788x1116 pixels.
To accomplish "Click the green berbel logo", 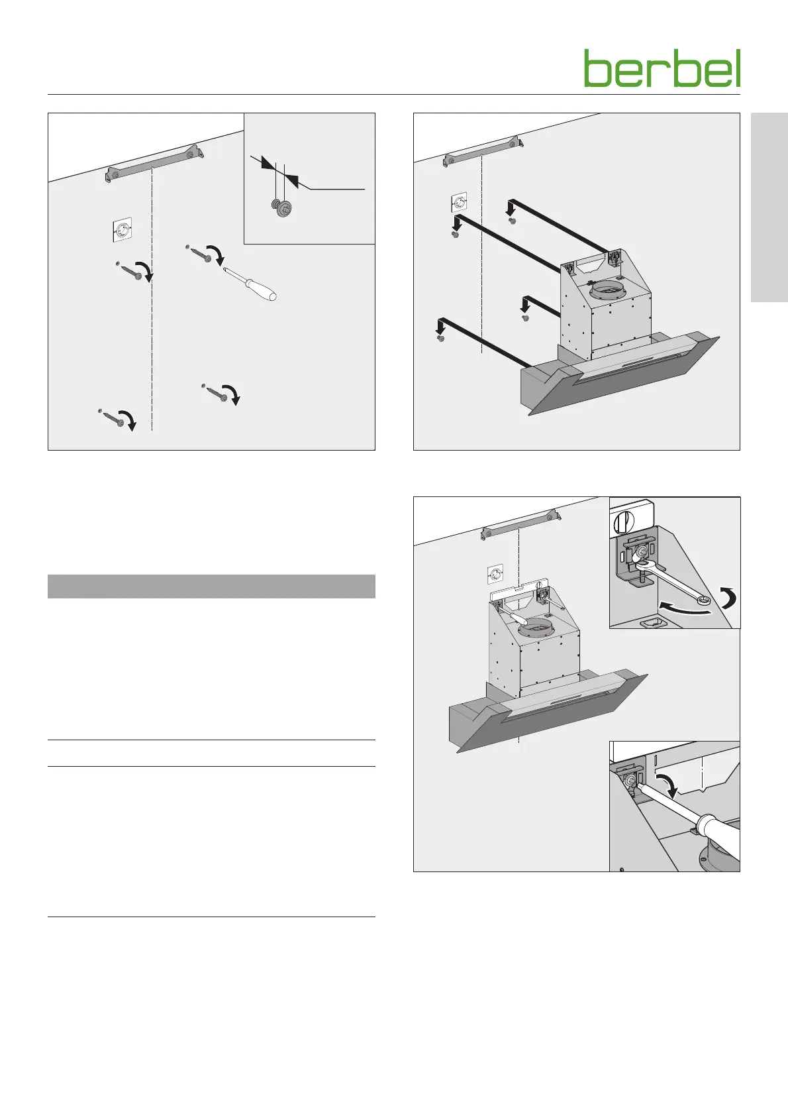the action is click(x=662, y=68).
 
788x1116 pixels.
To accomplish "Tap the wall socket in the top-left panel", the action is click(x=121, y=230).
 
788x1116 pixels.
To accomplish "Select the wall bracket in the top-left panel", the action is click(x=155, y=163).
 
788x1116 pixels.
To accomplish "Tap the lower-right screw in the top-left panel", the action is click(x=215, y=392).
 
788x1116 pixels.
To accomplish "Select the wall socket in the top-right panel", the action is click(x=458, y=203).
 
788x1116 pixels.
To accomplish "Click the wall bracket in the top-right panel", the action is click(x=483, y=152).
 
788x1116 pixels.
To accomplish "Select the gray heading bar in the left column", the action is click(x=211, y=586).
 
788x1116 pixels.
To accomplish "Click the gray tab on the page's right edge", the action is click(x=769, y=207).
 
